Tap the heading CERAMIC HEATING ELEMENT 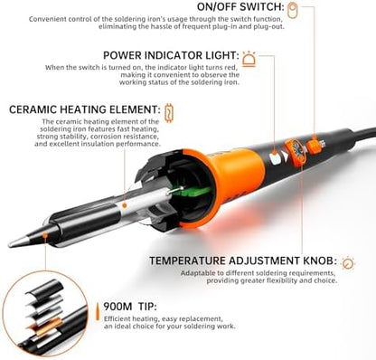[82, 111]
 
